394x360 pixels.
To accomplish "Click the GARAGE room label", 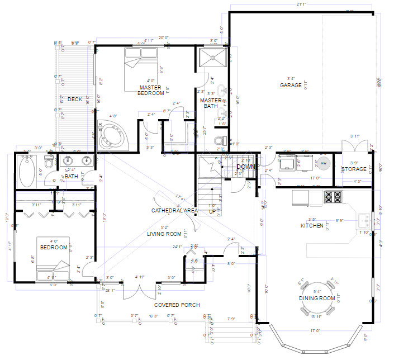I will pos(291,86).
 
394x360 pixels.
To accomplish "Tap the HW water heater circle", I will pos(324,163).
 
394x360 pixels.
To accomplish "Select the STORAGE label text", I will pos(354,169).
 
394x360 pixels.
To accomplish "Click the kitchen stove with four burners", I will pos(333,197).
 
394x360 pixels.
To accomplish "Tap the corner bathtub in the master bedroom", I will pos(114,134).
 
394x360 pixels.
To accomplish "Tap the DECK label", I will pos(75,100).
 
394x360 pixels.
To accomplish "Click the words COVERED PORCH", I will pos(177,305).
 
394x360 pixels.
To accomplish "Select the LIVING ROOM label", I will pos(164,234).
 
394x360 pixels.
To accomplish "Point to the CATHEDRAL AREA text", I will pos(174,210).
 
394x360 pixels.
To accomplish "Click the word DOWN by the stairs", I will pos(246,167).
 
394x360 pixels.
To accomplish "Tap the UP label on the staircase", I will pos(213,212).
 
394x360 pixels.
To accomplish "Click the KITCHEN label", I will pos(312,225).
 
